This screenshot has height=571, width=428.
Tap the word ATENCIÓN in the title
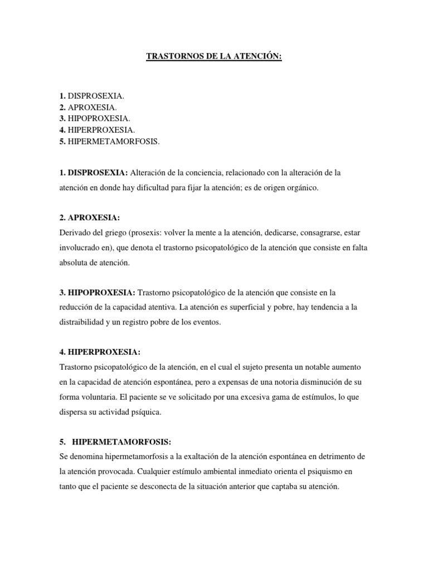click(x=259, y=56)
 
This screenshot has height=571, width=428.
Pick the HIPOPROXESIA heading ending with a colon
click(x=100, y=292)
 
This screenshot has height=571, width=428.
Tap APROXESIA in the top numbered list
click(x=92, y=107)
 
